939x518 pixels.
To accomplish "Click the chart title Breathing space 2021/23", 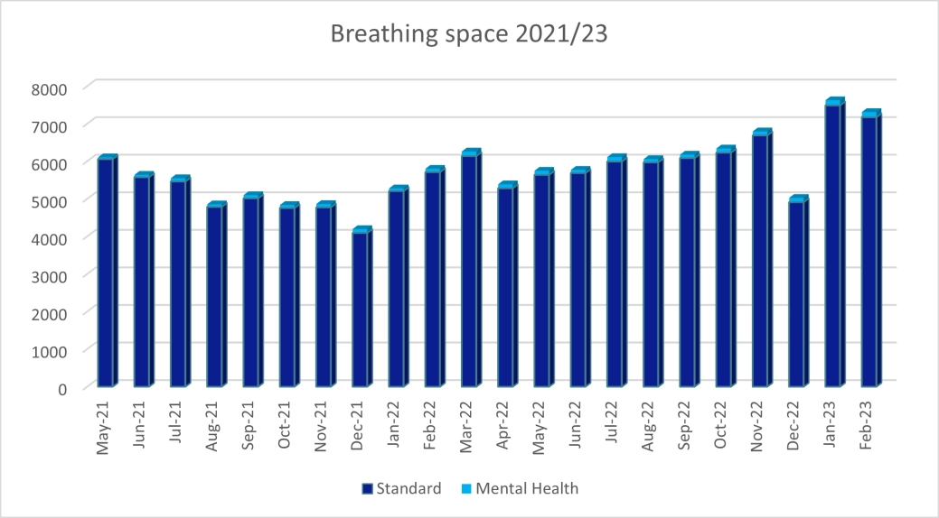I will pyautogui.click(x=469, y=34).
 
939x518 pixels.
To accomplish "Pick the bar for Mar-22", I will pyautogui.click(x=469, y=271).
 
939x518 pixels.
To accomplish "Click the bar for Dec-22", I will pyautogui.click(x=796, y=293).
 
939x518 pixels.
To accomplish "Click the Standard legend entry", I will pyautogui.click(x=401, y=489).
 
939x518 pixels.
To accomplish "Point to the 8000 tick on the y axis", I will pyautogui.click(x=50, y=88).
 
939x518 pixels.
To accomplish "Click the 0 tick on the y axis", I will pyautogui.click(x=62, y=388).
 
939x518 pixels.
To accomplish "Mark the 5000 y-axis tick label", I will pyautogui.click(x=50, y=200).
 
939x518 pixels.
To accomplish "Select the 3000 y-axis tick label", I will pyautogui.click(x=50, y=275).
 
